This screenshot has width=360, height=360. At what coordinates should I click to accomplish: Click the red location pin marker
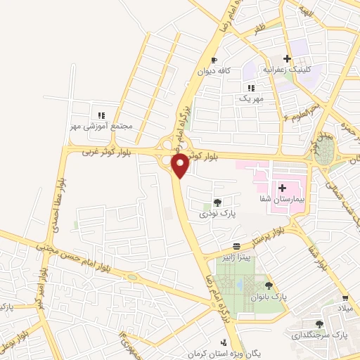tap(181, 166)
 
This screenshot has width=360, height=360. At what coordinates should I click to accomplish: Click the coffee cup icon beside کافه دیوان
tap(214, 60)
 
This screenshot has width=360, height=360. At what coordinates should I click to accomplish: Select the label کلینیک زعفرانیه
tap(286, 70)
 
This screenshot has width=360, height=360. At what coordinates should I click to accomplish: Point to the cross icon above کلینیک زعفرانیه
tap(287, 59)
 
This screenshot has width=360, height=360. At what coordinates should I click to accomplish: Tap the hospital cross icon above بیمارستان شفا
tap(282, 188)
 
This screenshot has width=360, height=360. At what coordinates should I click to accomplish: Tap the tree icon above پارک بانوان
tap(269, 285)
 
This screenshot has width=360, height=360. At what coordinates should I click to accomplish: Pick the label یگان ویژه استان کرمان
tap(224, 352)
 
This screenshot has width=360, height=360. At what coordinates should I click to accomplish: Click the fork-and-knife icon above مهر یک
tap(251, 88)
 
